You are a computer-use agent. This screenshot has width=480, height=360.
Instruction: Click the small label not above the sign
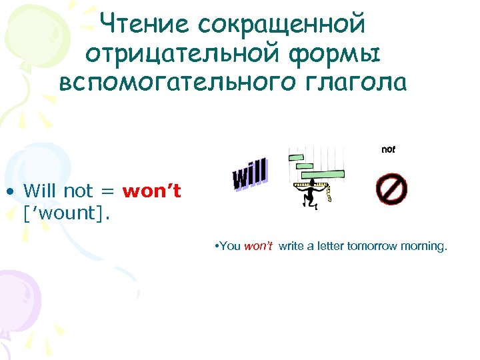coord(388,150)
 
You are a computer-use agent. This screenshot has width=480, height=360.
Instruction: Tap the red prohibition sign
coord(391,189)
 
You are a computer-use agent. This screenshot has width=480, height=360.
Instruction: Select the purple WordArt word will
coord(250,174)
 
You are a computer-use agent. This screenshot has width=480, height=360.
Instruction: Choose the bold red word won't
coord(151,191)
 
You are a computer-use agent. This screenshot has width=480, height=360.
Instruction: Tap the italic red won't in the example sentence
coord(259,246)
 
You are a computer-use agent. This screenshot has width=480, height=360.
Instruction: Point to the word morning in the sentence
coord(426,246)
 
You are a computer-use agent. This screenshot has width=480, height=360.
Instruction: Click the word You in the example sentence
coord(231,246)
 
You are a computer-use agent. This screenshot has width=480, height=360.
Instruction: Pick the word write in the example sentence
coord(291,246)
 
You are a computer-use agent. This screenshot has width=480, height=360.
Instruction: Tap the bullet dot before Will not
coord(12,192)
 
